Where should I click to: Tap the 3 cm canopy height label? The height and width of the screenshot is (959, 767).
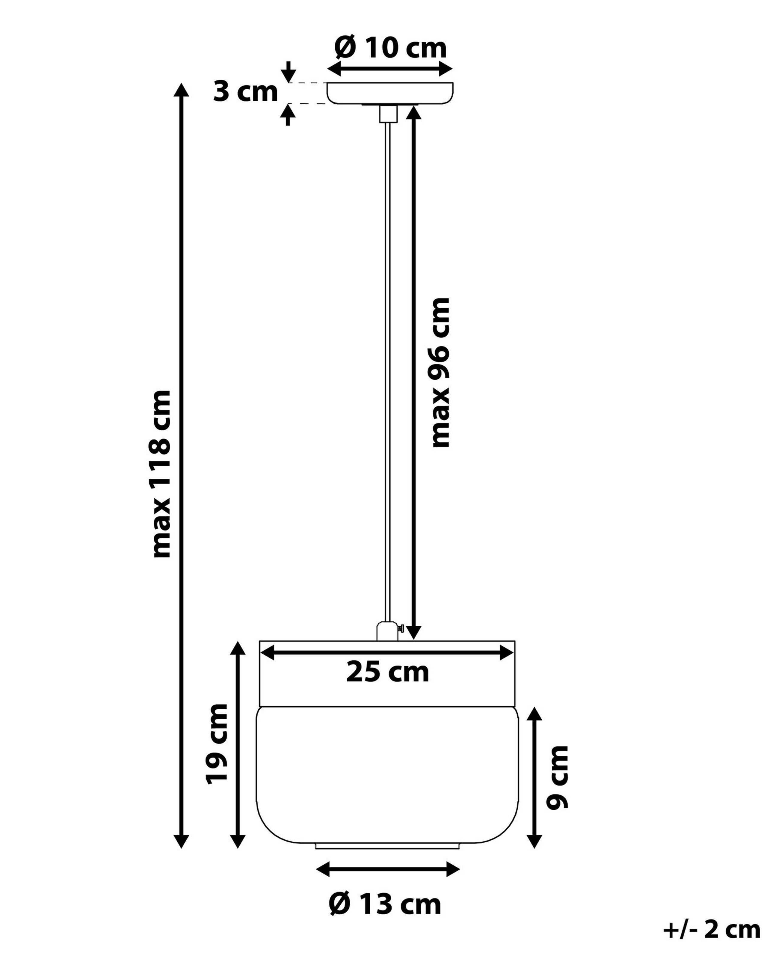coord(245,92)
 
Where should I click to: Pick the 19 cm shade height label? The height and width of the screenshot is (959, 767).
coord(217,744)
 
